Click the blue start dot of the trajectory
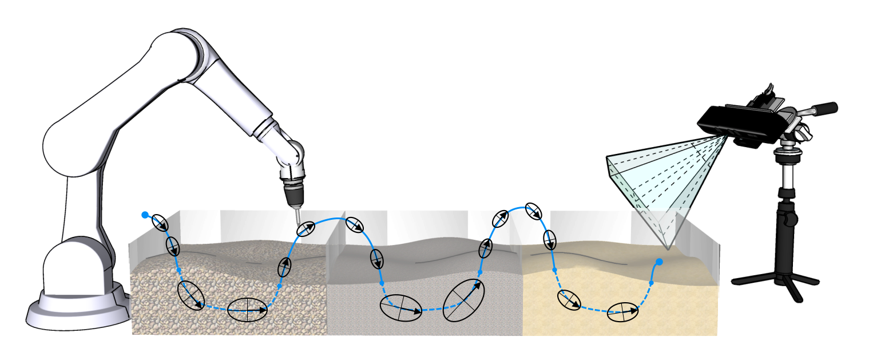click(x=145, y=215)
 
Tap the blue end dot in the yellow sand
click(x=659, y=262)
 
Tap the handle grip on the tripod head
click(x=826, y=108)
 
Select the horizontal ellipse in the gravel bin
click(x=247, y=310)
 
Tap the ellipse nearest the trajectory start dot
click(x=161, y=224)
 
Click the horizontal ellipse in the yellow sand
click(x=622, y=312)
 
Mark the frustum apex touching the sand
click(x=668, y=249)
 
